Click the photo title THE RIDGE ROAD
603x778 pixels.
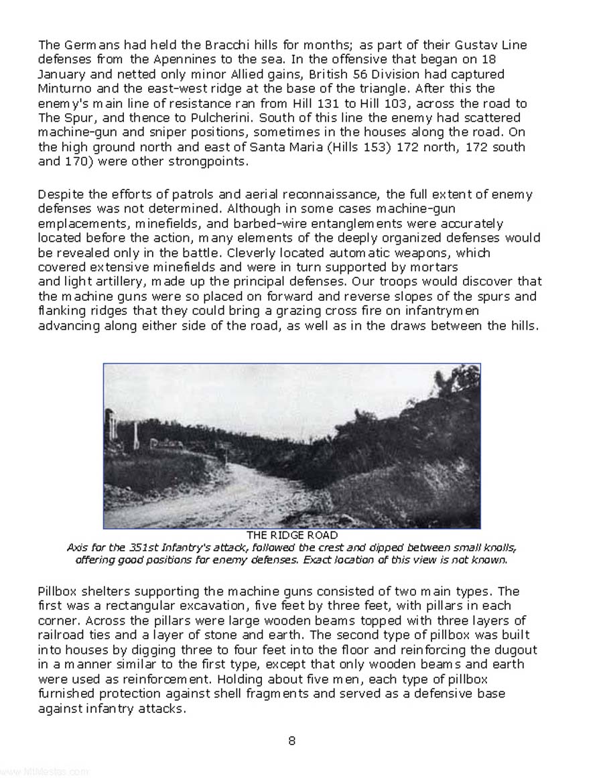tap(291, 535)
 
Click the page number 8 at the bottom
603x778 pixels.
tap(291, 741)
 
